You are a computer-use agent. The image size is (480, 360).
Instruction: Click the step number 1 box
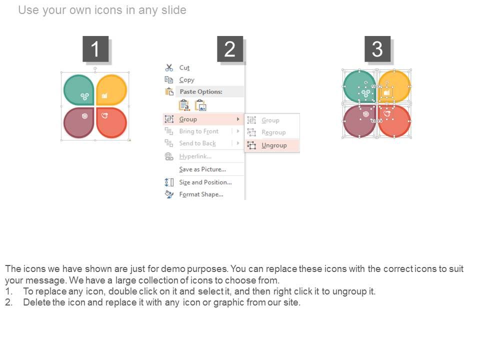pos(95,49)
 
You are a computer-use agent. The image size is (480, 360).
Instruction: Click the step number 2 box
pos(230,49)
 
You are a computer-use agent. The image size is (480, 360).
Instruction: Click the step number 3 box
pos(377,49)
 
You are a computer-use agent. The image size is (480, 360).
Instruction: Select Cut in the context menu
pos(184,67)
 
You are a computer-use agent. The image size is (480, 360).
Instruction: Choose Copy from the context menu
pos(186,80)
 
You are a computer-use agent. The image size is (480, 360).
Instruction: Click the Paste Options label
pos(201,91)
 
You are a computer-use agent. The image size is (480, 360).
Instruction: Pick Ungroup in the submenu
pos(274,145)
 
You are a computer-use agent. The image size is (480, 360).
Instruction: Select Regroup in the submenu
pos(273,132)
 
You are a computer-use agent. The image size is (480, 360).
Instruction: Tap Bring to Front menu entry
pos(198,131)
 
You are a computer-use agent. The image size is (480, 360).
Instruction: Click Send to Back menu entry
pos(197,143)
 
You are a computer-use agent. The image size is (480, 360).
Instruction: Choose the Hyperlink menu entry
pos(195,156)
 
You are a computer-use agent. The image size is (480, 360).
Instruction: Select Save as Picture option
pos(202,169)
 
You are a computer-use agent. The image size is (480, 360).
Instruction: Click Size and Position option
pos(205,182)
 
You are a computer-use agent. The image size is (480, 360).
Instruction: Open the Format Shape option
pos(201,194)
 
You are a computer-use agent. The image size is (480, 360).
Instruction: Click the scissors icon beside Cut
pos(169,67)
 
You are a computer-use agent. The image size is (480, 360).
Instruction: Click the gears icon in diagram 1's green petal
pos(85,96)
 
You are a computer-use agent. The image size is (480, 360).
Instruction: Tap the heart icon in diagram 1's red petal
pos(104,115)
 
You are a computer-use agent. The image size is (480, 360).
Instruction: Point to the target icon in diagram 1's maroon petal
pos(85,116)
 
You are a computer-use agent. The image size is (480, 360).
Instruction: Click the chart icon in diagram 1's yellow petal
pos(104,96)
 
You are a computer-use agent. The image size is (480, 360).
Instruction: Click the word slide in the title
pos(173,10)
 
